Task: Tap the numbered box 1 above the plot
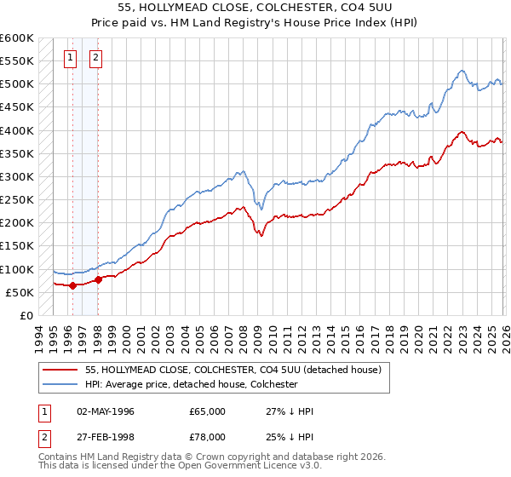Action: click(x=72, y=58)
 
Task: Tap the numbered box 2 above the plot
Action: click(x=96, y=58)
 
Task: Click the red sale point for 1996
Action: click(x=72, y=285)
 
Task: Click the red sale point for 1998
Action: click(x=98, y=279)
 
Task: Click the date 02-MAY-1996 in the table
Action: click(x=106, y=411)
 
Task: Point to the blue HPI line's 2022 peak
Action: click(x=461, y=71)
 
